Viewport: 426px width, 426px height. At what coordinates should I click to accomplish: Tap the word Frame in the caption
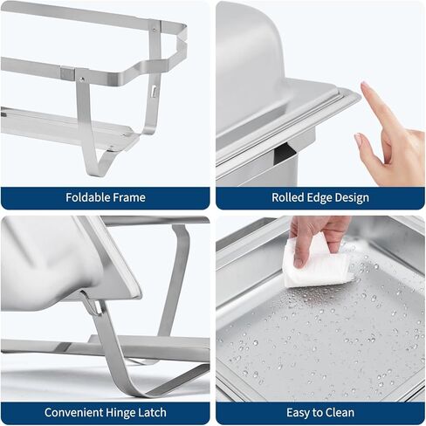coord(129,197)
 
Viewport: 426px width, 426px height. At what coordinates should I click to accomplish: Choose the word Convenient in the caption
coord(73,413)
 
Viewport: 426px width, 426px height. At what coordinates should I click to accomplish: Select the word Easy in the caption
coord(299,413)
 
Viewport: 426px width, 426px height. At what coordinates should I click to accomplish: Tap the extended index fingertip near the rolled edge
coord(364,85)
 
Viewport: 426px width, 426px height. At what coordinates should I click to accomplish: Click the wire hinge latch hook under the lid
coord(93,304)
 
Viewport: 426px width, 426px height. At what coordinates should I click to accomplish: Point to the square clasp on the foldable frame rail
coord(67,73)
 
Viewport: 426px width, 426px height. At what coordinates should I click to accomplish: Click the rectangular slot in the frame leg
coord(154,91)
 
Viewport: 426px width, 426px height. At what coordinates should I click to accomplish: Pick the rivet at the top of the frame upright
coord(154,29)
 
